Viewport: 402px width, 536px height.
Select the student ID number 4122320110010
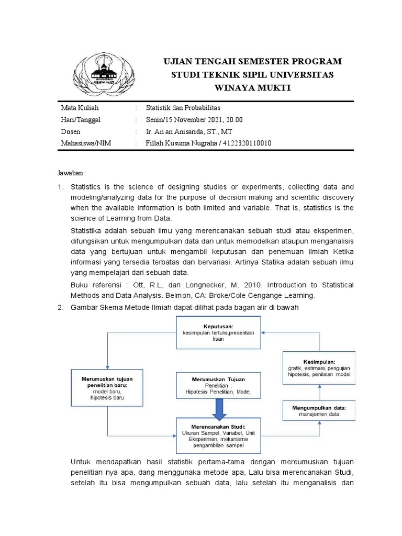(x=245, y=143)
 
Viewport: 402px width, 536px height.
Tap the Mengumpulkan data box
(x=319, y=410)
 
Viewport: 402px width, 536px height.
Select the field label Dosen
(x=71, y=132)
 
